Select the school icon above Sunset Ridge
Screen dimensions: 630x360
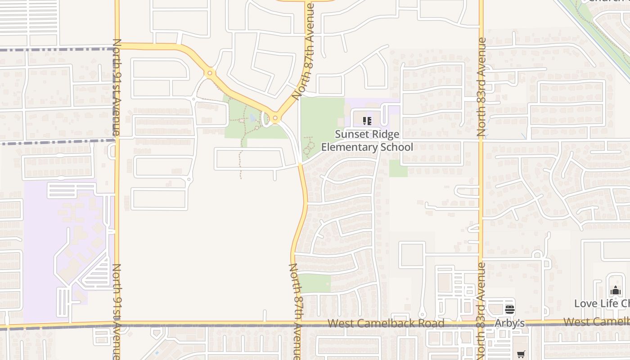[367, 121]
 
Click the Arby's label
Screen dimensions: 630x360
[509, 323]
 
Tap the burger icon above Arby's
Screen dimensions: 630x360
[509, 310]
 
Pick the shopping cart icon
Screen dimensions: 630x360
[521, 354]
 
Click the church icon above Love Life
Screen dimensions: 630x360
[616, 291]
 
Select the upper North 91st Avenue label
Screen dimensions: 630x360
[117, 87]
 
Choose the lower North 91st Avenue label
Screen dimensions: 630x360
[117, 310]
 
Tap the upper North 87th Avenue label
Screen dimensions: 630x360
[303, 50]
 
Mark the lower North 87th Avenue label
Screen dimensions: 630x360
[295, 310]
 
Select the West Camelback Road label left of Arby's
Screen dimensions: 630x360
[386, 323]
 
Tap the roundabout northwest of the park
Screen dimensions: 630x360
[210, 73]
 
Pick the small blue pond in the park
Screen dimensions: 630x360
[253, 118]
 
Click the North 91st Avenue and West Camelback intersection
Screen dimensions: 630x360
[117, 324]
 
